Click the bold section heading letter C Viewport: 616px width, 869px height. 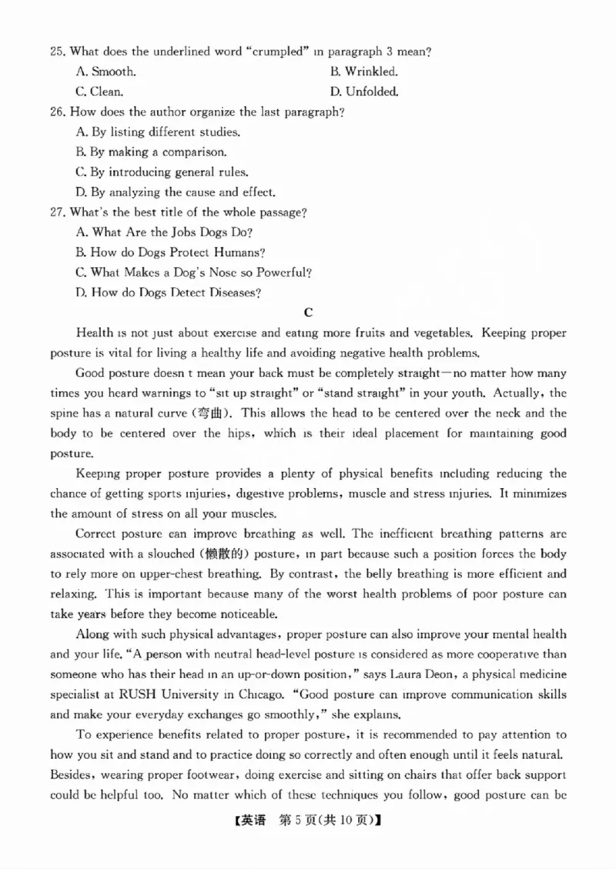tap(308, 313)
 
